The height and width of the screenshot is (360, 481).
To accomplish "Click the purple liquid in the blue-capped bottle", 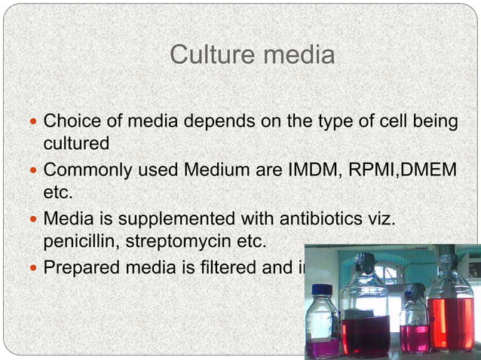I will (x=323, y=347).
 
